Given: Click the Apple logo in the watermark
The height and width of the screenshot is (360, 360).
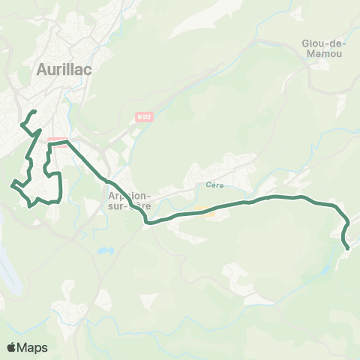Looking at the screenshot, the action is (12, 348).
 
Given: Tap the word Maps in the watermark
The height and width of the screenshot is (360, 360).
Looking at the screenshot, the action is (33, 348).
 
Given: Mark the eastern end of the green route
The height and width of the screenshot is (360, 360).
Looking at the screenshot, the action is (348, 247).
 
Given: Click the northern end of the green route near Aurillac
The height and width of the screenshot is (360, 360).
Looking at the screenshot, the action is (34, 112).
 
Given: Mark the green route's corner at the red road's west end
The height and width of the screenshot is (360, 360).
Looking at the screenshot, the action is (49, 142).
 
